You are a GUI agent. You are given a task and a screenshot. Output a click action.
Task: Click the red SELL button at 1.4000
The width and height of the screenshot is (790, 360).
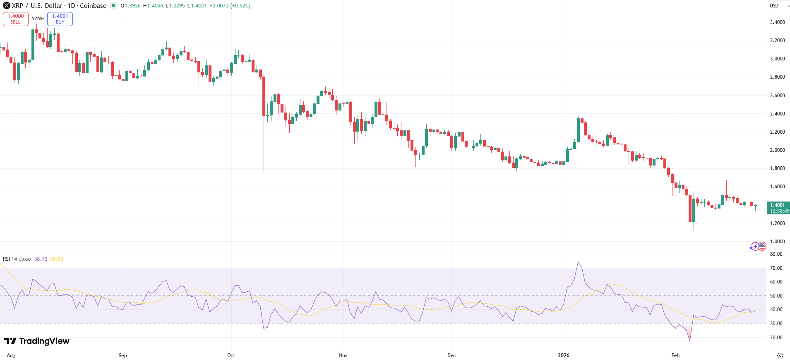point(16,19)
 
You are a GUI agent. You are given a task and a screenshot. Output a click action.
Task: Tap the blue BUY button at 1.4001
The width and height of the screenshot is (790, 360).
point(60,19)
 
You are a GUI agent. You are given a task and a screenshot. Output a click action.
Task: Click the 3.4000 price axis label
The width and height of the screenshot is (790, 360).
point(777,22)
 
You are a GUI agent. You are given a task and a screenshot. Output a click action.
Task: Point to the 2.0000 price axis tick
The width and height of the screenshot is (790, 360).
point(777,150)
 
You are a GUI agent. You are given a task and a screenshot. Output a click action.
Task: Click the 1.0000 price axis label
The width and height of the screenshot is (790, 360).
point(777,242)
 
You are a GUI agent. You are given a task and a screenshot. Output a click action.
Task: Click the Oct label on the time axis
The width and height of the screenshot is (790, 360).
point(231,355)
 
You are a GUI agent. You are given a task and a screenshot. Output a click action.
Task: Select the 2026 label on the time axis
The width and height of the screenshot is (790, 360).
point(563,355)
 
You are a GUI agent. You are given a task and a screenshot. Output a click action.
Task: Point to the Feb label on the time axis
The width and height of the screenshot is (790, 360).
point(675,355)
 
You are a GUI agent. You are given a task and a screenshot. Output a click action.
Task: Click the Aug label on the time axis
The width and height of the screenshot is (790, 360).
point(11,355)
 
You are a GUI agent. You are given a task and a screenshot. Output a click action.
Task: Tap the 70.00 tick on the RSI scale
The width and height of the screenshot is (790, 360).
point(776,268)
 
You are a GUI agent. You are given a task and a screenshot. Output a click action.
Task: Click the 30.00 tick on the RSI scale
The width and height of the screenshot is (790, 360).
point(776,324)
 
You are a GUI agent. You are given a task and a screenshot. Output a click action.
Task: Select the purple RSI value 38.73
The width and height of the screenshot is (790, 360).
point(41,259)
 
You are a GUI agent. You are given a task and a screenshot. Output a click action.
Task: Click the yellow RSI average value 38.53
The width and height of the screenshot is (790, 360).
point(57,259)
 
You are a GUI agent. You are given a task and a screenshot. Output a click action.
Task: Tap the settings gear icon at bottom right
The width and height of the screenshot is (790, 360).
point(780,355)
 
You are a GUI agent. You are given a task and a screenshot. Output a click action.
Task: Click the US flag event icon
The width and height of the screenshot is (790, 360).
point(762,246)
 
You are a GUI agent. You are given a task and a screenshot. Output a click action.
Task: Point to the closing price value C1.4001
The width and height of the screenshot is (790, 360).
point(197,6)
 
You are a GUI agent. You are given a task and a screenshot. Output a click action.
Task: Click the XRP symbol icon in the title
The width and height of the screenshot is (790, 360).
point(7,6)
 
